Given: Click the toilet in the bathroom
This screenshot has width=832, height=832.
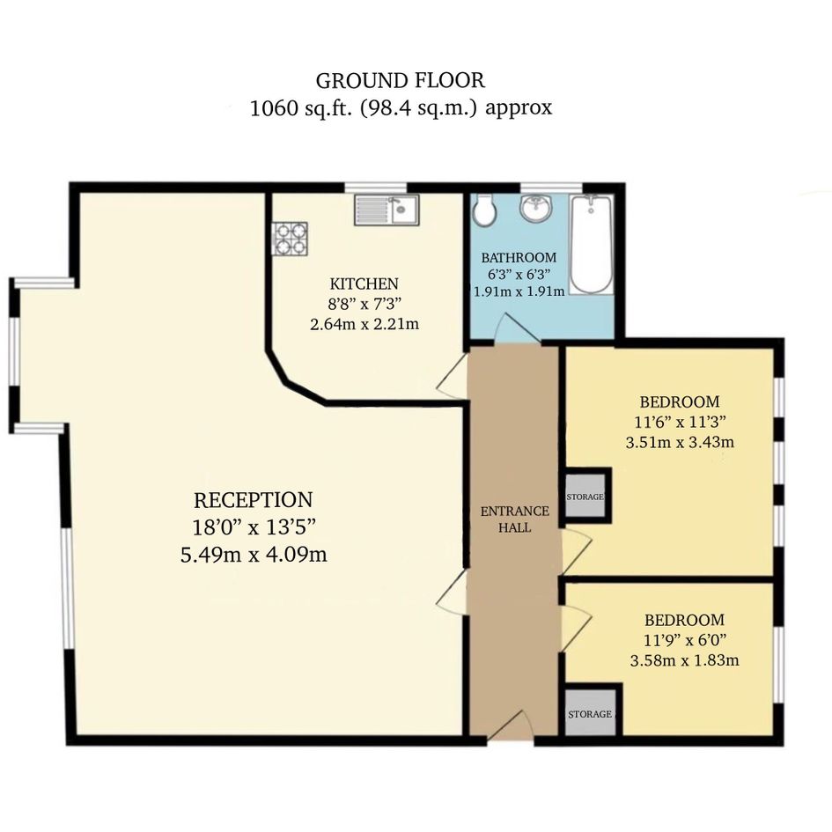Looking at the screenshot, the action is tap(485, 210).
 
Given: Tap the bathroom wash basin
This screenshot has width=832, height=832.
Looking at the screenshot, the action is tap(536, 208).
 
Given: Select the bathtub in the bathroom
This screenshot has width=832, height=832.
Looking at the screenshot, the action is tap(591, 244).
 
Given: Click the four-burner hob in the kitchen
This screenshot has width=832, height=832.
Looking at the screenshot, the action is tap(290, 239).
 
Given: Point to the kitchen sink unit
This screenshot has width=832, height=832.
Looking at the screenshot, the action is tap(387, 210).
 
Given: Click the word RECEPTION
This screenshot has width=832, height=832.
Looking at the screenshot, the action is tap(253, 500).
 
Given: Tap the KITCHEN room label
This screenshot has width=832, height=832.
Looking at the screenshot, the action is tap(364, 283).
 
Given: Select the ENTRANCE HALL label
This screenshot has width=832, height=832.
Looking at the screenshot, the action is tap(515, 519).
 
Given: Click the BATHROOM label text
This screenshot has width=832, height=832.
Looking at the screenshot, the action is tap(519, 258).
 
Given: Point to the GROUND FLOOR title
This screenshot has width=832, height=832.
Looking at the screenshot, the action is tap(400, 81).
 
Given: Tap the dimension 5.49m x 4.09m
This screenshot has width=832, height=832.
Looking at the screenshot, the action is tap(254, 555).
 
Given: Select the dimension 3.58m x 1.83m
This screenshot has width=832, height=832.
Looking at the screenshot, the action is tap(684, 660).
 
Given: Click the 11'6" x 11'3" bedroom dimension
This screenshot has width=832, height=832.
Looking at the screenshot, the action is tap(681, 422).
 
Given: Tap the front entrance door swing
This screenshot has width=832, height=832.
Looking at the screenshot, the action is tap(510, 725).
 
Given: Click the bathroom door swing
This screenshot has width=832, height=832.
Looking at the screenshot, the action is tap(518, 328).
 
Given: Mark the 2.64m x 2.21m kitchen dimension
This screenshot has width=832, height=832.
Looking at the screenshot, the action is tap(364, 324).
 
